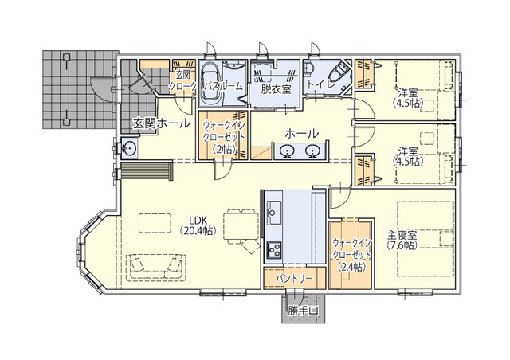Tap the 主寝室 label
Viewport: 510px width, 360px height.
402,235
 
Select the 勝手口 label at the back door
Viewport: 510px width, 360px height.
303,311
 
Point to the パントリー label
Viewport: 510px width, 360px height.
294,279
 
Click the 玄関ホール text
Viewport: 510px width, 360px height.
161,123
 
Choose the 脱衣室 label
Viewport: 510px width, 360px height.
276,88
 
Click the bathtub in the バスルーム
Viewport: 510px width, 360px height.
211,83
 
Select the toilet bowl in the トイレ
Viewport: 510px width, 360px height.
338,73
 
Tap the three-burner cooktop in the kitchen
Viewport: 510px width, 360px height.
274,250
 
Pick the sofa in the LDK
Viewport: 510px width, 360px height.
155,267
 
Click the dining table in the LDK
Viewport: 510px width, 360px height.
241,226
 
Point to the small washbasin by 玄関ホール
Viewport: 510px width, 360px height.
129,148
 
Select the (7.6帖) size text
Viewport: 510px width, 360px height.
402,245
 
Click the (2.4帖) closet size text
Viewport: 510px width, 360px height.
351,267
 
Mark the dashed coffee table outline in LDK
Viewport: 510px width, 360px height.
155,223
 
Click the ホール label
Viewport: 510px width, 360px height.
302,133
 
